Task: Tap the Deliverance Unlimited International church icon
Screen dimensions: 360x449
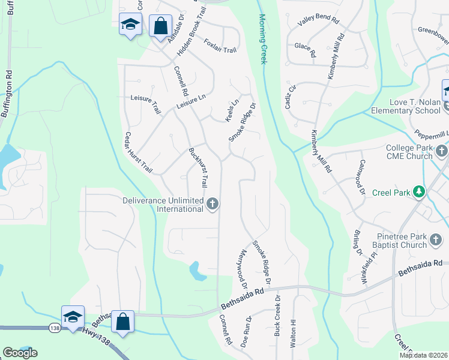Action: coord(212,205)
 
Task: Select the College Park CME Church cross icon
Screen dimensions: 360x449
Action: coord(442,151)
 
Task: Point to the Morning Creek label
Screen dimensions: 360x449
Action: coord(262,39)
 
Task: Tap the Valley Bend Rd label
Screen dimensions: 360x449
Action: coord(318,22)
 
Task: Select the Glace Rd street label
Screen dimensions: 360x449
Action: coord(305,49)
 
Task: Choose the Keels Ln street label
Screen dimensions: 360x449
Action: coord(232,108)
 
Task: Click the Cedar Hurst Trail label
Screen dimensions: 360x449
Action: coord(139,153)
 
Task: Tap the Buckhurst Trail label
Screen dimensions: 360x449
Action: coord(198,167)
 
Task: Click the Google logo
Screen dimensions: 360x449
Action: coord(20,352)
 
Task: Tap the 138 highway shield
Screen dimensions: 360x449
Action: coord(53,328)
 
